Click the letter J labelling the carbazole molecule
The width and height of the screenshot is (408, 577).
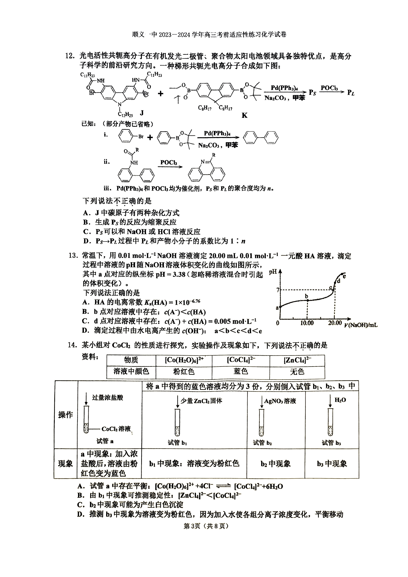coord(142,113)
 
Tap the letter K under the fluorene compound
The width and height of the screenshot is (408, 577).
coord(244,115)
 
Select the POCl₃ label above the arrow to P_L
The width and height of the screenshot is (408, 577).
coord(329,88)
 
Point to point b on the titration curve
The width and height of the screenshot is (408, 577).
coord(307,300)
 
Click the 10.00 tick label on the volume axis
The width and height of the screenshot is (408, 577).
coord(307,323)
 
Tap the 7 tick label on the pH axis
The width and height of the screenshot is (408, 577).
coord(278,290)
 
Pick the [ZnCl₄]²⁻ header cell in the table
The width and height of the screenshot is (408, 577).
coord(297,360)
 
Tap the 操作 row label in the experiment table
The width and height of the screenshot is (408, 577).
coord(66,414)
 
